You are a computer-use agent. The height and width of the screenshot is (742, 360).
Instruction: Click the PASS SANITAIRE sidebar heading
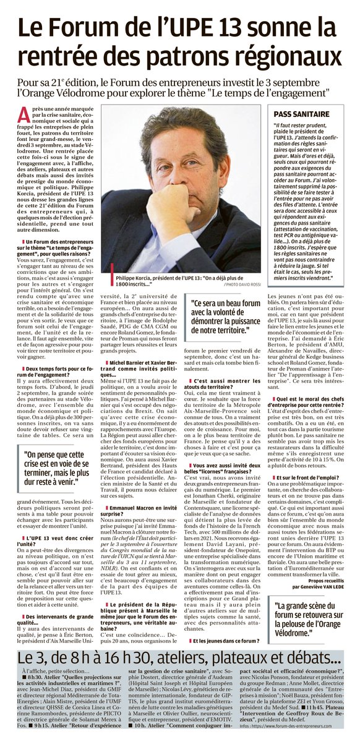click(x=301, y=114)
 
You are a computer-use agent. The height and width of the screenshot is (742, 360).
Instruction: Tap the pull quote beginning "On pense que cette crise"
click(x=61, y=466)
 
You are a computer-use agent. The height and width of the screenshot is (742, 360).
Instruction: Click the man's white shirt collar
click(x=204, y=244)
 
